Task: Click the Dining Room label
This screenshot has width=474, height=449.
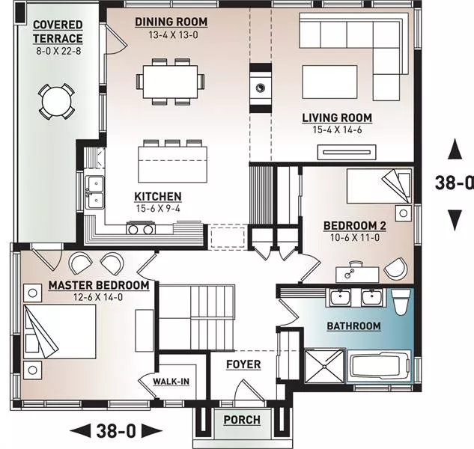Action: pyautogui.click(x=171, y=22)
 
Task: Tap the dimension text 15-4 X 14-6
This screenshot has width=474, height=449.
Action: pyautogui.click(x=337, y=130)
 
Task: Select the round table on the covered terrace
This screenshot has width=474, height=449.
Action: pyautogui.click(x=56, y=101)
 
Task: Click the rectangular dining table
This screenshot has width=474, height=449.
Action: pyautogui.click(x=170, y=82)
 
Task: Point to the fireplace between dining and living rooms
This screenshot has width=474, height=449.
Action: pyautogui.click(x=261, y=88)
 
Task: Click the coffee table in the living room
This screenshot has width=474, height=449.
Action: pyautogui.click(x=329, y=82)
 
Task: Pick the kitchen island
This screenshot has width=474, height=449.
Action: pyautogui.click(x=173, y=165)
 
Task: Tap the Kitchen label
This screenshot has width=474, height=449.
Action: pyautogui.click(x=158, y=197)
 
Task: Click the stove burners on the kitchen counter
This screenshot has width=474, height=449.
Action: pyautogui.click(x=141, y=228)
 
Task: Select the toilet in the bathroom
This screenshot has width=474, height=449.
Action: pyautogui.click(x=401, y=302)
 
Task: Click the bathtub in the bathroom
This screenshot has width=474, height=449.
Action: pyautogui.click(x=379, y=367)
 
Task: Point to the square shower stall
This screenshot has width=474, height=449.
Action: pyautogui.click(x=324, y=366)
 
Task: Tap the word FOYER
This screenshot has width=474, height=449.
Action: pyautogui.click(x=243, y=364)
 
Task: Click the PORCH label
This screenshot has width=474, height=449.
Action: pyautogui.click(x=242, y=420)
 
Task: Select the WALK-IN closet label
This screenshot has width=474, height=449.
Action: pyautogui.click(x=171, y=382)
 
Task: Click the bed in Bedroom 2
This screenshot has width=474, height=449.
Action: pyautogui.click(x=379, y=186)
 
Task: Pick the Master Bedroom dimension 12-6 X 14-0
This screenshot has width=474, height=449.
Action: pyautogui.click(x=98, y=297)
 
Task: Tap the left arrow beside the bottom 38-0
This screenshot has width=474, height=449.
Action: pyautogui.click(x=80, y=430)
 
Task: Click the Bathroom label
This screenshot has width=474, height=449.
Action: pyautogui.click(x=353, y=326)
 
